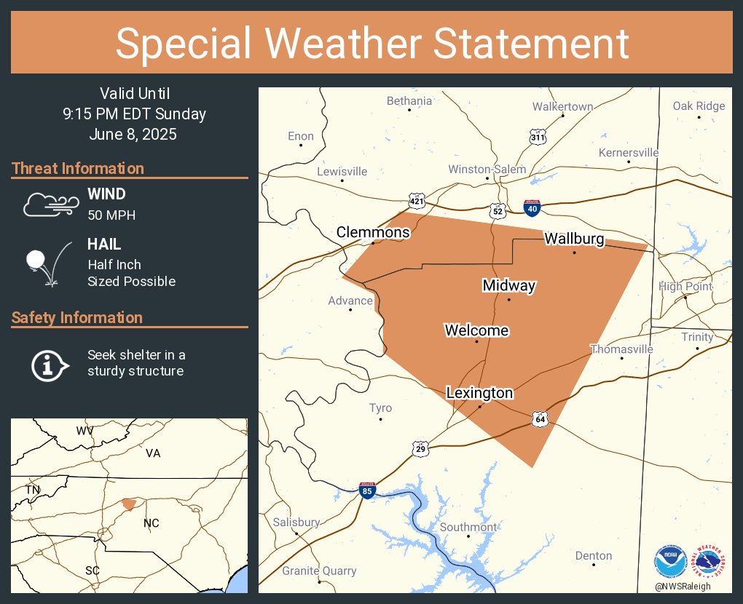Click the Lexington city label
coord(479,393)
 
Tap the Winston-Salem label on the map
coord(487,170)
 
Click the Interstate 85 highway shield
coord(367,490)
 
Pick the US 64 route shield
coord(539,419)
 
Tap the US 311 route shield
coord(538,137)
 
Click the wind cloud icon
coord(50,204)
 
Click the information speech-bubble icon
coord(49,364)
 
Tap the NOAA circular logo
coord(670,562)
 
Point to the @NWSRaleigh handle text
coord(682,587)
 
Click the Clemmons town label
coord(373,233)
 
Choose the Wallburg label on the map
coord(574,239)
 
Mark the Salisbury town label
coord(296,522)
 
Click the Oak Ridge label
coord(699,106)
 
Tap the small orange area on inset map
coord(129,504)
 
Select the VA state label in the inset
coord(152,453)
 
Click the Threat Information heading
coord(78,169)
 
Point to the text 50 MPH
coord(111,215)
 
